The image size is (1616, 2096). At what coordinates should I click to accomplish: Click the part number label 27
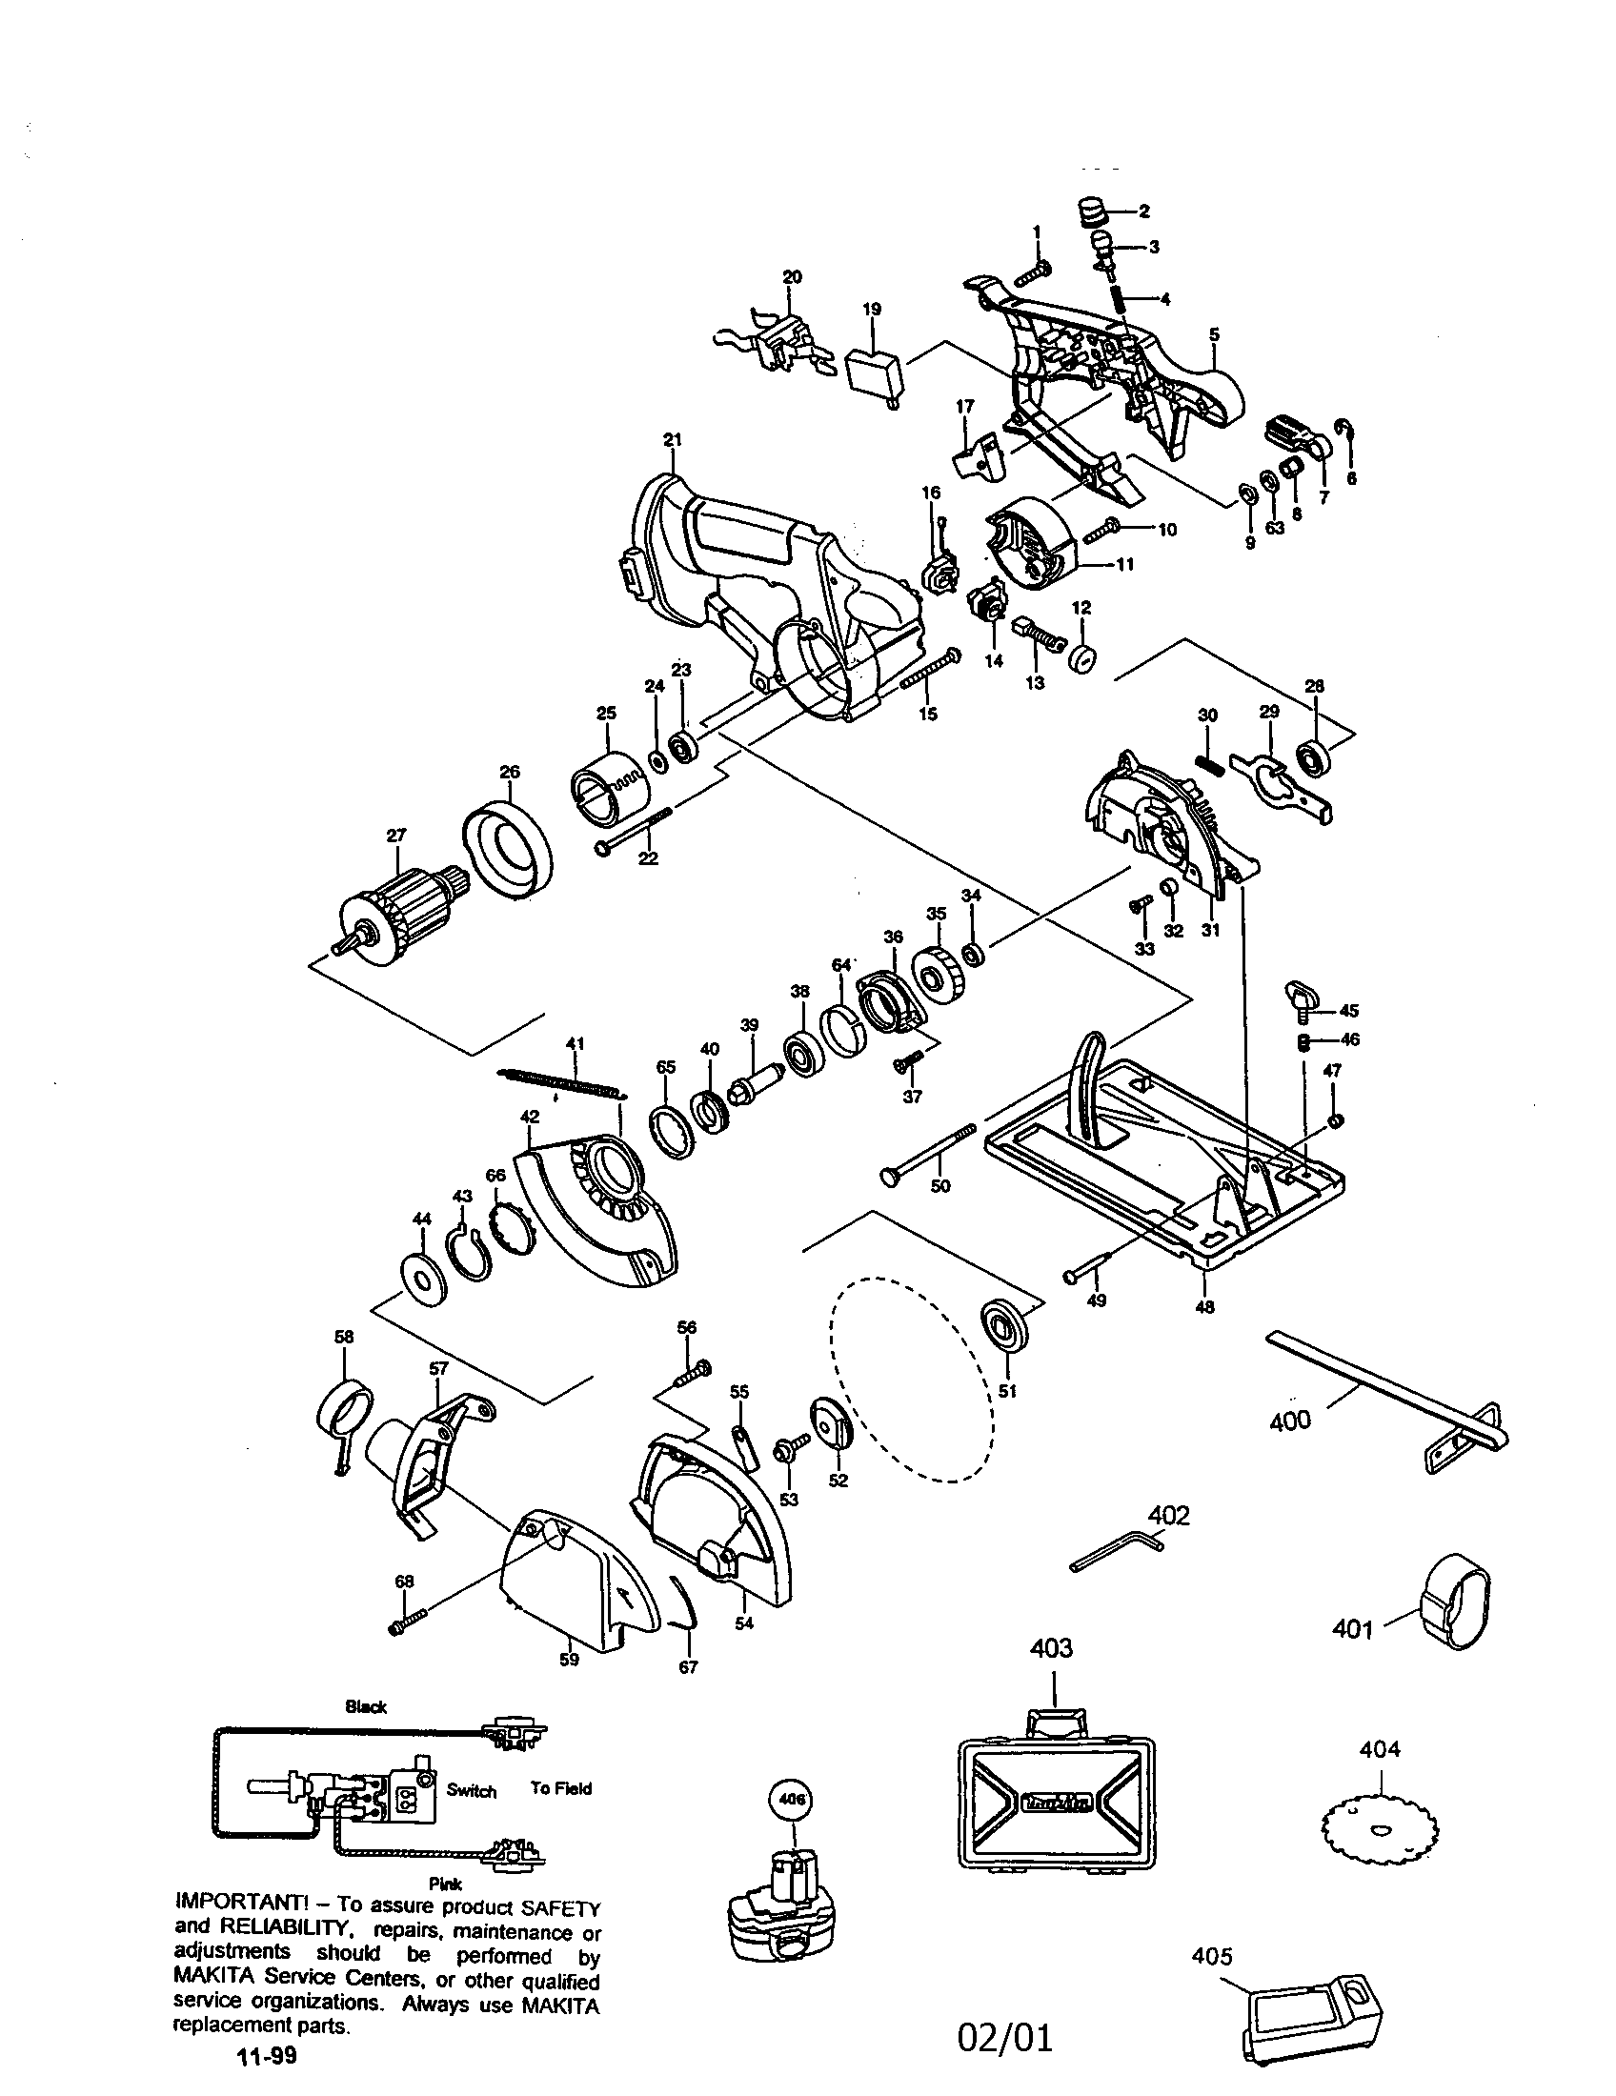tap(395, 836)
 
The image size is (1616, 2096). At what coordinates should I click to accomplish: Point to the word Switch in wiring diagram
tap(471, 1791)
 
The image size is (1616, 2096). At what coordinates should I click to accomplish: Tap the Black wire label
tap(366, 1707)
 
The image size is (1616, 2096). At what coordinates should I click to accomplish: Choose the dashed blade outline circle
tap(912, 1381)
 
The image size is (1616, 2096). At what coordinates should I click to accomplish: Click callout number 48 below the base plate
tap(1204, 1307)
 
